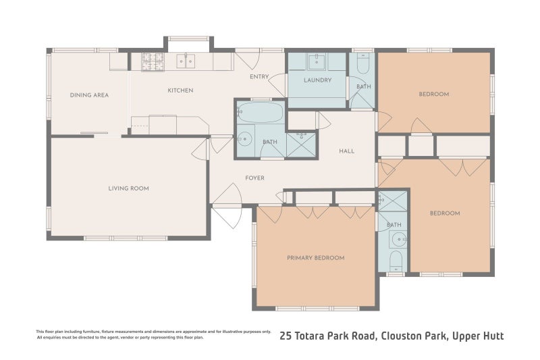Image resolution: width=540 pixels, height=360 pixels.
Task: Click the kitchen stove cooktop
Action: (153, 61)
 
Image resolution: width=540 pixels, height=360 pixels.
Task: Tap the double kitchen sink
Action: (186, 61)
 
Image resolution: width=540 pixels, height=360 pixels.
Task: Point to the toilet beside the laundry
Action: (362, 65)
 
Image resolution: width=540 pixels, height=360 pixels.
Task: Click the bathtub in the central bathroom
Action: (261, 112)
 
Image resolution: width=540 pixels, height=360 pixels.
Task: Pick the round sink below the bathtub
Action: (242, 141)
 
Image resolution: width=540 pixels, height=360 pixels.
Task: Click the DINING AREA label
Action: (89, 95)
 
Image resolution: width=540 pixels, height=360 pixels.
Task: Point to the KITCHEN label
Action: (180, 91)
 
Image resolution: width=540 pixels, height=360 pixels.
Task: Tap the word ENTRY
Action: (259, 76)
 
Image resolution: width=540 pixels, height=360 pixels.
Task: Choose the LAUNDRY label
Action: (317, 80)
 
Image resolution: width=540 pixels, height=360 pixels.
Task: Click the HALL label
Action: (346, 151)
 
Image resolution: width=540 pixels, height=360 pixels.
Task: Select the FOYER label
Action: (254, 178)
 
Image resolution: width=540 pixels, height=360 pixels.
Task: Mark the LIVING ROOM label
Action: (128, 188)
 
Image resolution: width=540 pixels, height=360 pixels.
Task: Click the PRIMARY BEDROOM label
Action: (315, 258)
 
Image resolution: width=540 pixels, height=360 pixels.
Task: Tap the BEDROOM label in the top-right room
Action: (434, 95)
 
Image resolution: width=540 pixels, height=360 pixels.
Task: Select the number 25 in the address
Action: (286, 336)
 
